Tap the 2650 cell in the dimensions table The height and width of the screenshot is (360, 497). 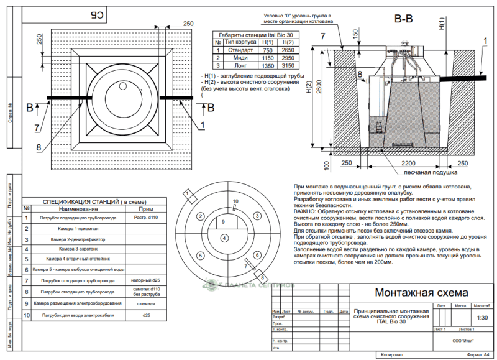click(288, 50)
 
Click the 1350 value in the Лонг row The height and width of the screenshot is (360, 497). click(268, 65)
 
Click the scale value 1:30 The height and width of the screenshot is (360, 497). click(481, 317)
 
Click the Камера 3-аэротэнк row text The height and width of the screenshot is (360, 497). click(78, 249)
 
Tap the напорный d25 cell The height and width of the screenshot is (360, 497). click(147, 280)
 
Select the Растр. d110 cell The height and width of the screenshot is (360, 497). click(147, 218)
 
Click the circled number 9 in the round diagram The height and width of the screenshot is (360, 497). click(224, 222)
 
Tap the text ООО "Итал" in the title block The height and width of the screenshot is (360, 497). click(460, 340)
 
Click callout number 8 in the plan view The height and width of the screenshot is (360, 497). click(39, 147)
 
